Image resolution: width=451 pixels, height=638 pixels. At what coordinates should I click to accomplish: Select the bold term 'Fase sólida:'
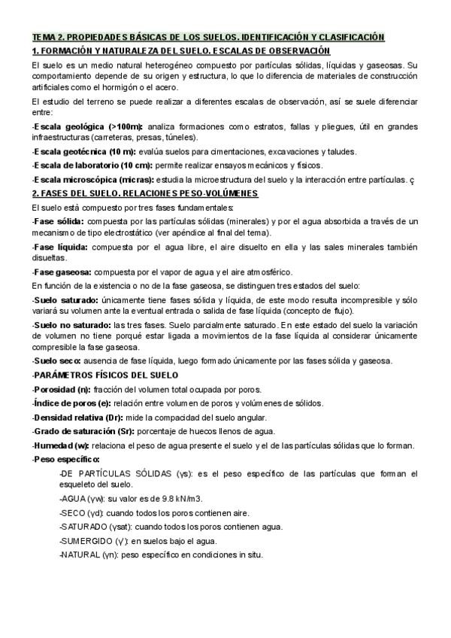click(59, 222)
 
